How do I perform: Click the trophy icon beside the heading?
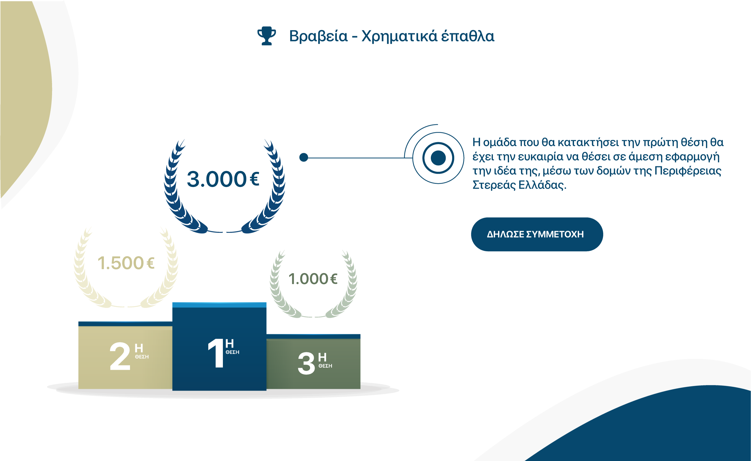click(x=267, y=36)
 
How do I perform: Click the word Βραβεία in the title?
click(x=318, y=36)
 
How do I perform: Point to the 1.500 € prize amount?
click(x=126, y=263)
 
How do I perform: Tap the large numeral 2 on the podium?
click(x=120, y=356)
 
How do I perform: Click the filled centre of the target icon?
click(x=438, y=158)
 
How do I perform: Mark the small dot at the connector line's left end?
click(x=304, y=157)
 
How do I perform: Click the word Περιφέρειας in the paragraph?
click(x=688, y=171)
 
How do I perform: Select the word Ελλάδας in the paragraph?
click(x=542, y=185)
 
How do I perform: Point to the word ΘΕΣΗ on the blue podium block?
click(x=232, y=352)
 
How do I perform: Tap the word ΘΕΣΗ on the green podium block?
click(x=325, y=366)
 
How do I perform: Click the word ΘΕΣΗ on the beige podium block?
click(x=142, y=357)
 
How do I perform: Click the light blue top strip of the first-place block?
click(x=219, y=305)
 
